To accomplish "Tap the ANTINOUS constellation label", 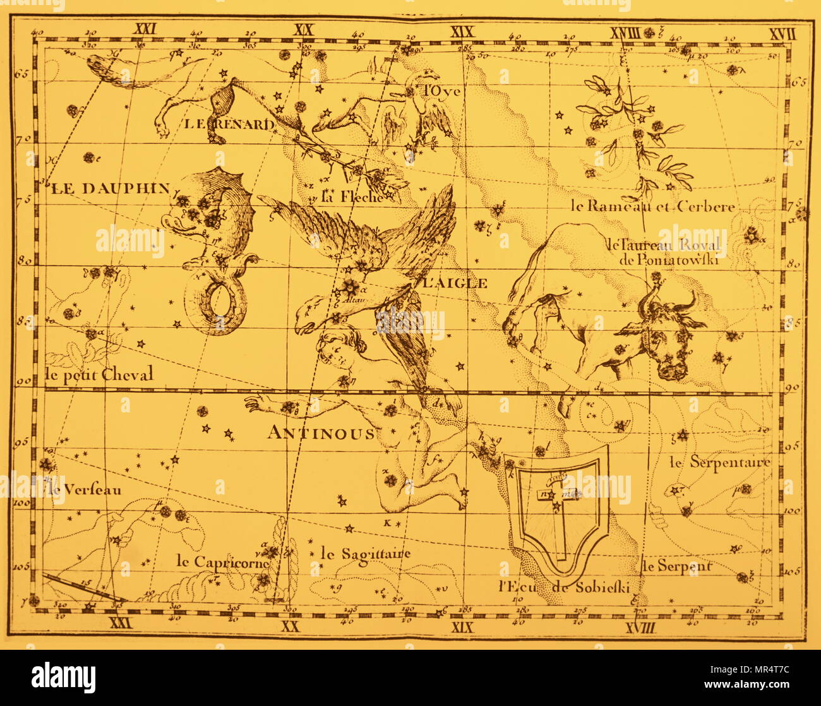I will pyautogui.click(x=320, y=433).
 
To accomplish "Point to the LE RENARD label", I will pyautogui.click(x=229, y=124).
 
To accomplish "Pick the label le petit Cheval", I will pyautogui.click(x=100, y=374).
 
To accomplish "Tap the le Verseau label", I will pyautogui.click(x=83, y=489).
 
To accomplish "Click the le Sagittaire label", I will pyautogui.click(x=366, y=554).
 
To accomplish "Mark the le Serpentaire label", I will pyautogui.click(x=720, y=462).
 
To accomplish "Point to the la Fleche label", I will pyautogui.click(x=352, y=196).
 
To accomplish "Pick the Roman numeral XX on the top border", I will pyautogui.click(x=304, y=30).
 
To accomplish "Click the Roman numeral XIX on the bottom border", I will pyautogui.click(x=463, y=626).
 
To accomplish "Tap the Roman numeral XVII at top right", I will pyautogui.click(x=782, y=33).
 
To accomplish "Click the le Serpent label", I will pyautogui.click(x=677, y=566).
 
